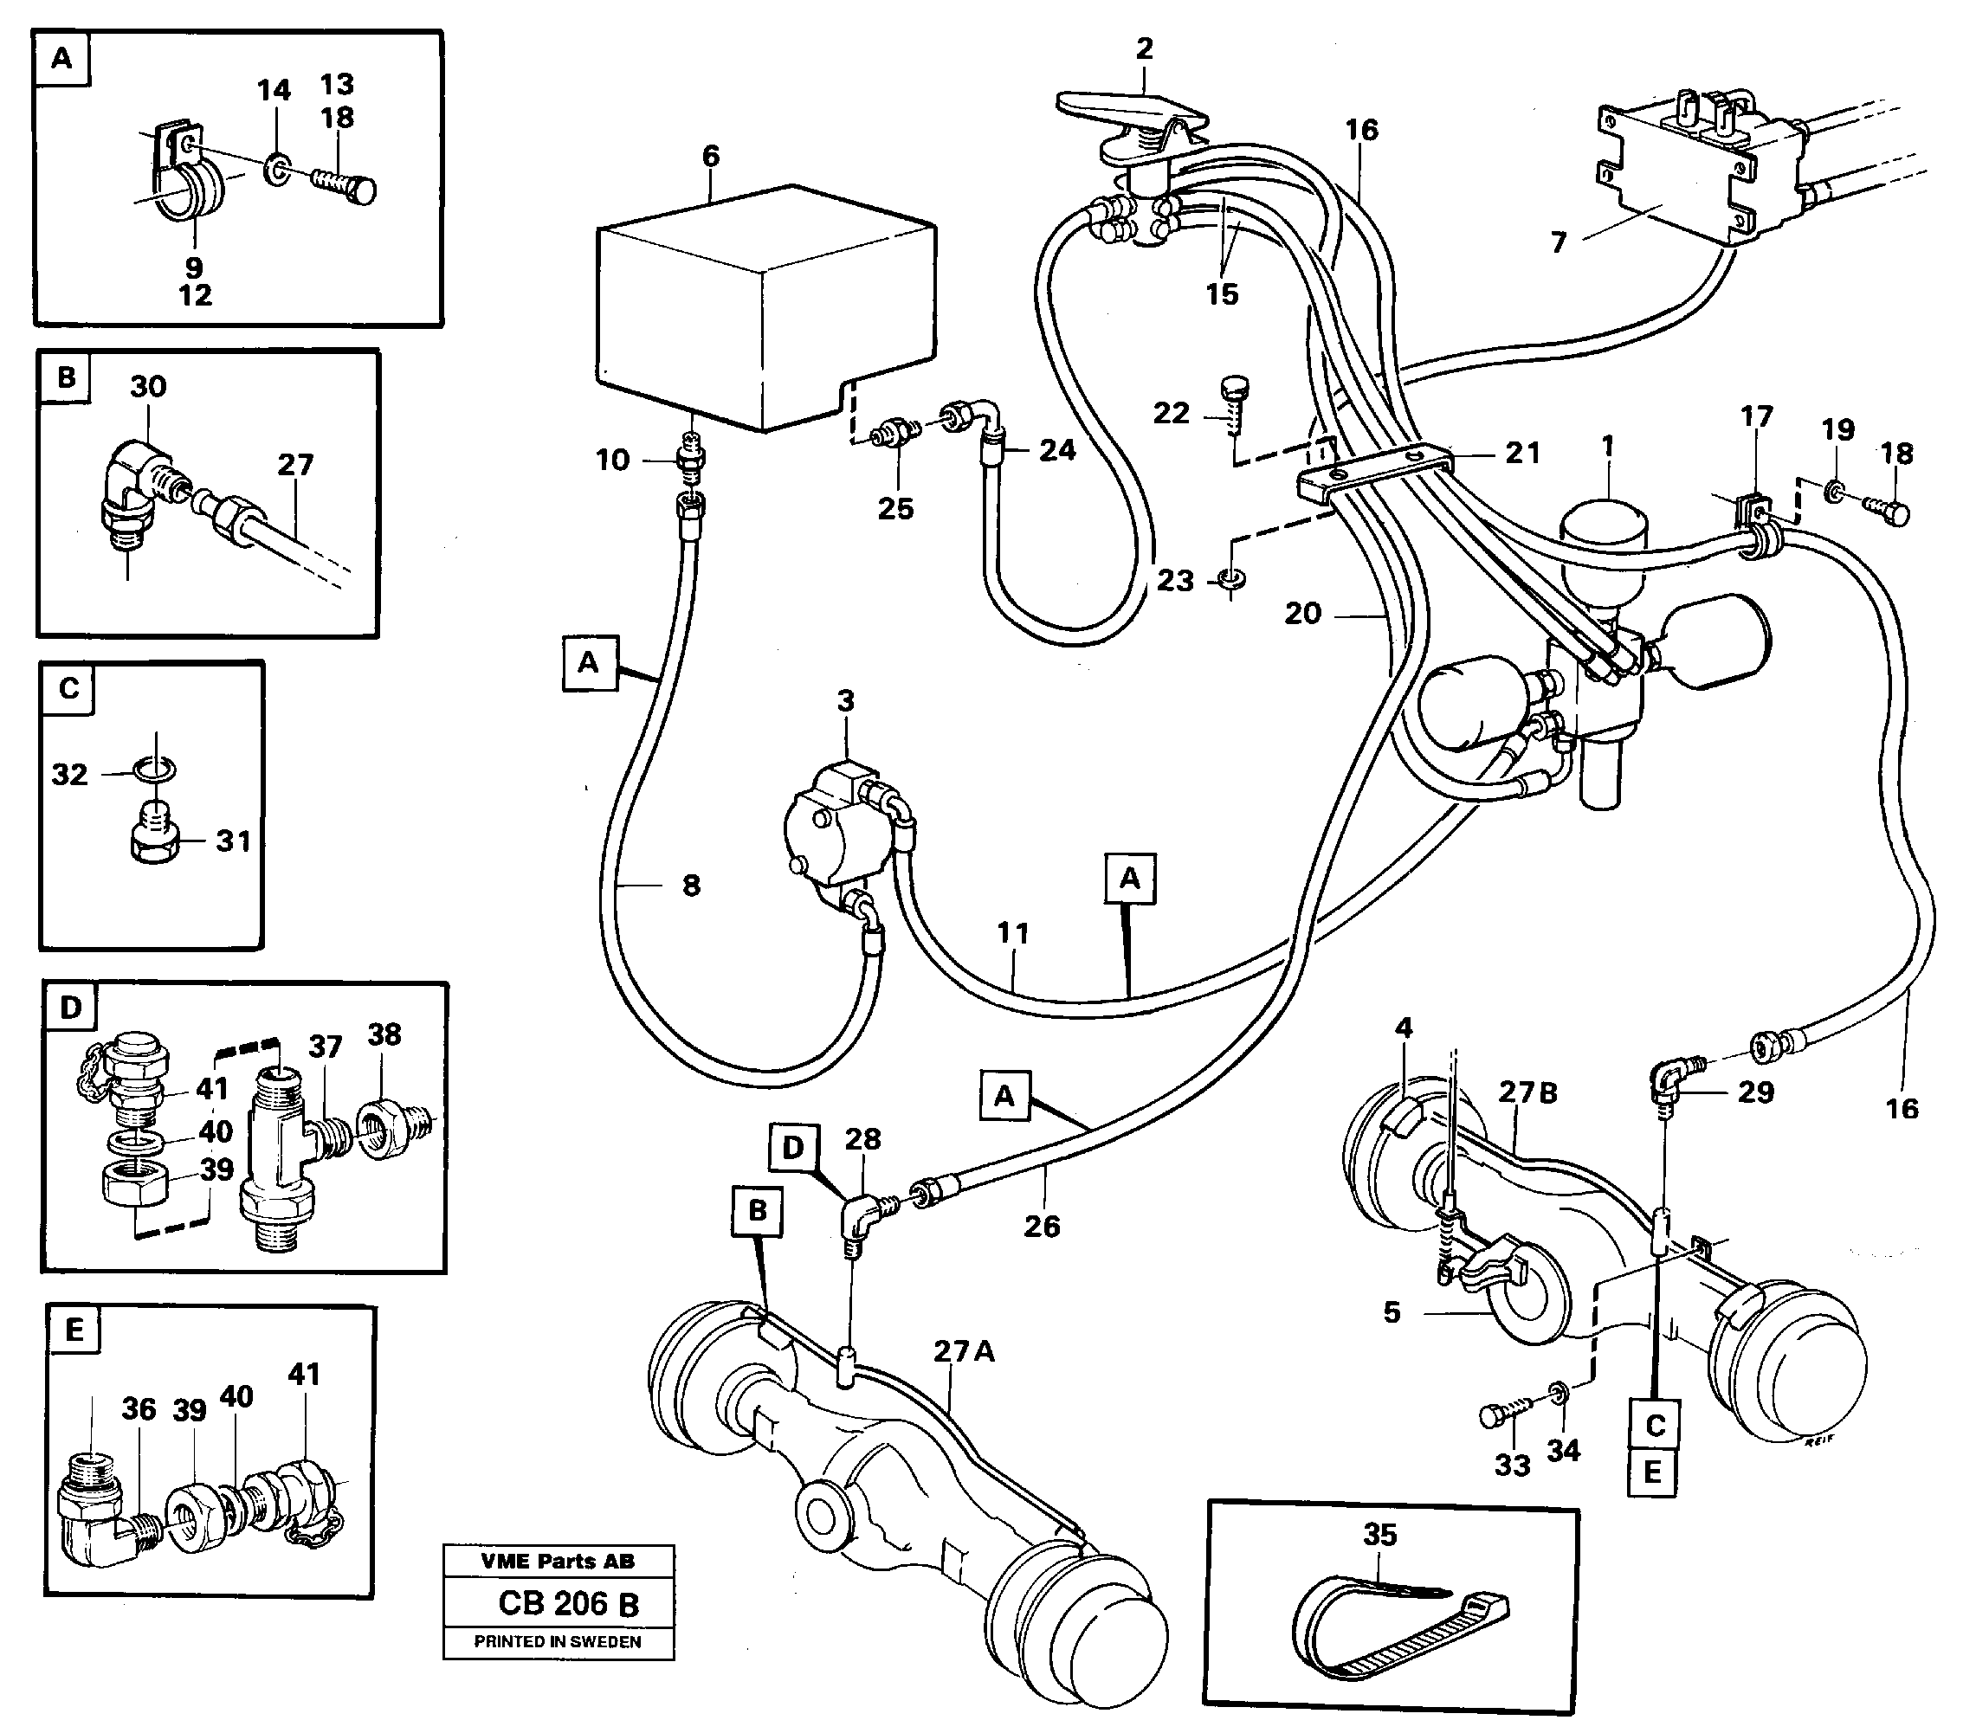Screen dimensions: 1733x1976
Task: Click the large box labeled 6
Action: point(764,309)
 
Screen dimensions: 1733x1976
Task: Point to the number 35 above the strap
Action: point(1379,1534)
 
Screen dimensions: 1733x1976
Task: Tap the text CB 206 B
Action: point(567,1604)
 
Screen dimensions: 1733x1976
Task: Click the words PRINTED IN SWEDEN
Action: point(558,1642)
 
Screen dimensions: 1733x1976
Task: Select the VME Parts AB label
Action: point(558,1561)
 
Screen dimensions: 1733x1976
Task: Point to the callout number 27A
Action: point(963,1351)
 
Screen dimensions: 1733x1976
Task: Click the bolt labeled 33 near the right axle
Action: point(1497,1417)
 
